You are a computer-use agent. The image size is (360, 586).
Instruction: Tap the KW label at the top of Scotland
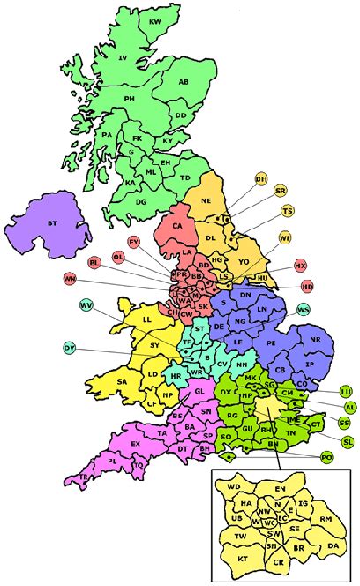(x=156, y=20)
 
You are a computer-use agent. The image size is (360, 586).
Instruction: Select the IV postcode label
(x=124, y=58)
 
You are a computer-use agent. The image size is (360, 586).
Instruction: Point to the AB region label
(x=184, y=83)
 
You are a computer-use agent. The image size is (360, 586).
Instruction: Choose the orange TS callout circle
(x=287, y=212)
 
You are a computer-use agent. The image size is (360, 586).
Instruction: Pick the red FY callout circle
(x=134, y=242)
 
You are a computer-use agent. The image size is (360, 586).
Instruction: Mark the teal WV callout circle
(x=86, y=305)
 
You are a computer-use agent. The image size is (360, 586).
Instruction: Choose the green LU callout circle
(x=346, y=391)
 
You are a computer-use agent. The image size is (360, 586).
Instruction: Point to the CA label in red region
(x=178, y=226)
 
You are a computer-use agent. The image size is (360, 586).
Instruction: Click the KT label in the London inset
(x=241, y=560)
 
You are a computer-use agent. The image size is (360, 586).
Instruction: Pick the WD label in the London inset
(x=234, y=486)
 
